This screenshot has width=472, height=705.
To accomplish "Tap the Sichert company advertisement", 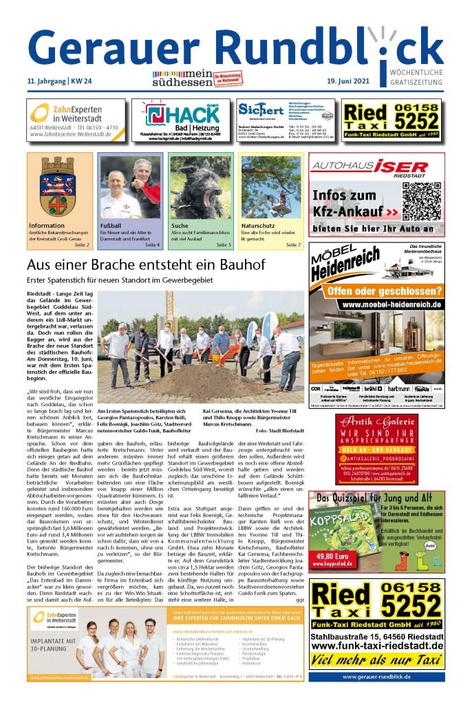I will coord(285,120).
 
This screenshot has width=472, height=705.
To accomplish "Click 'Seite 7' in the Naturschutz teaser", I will coord(293,244).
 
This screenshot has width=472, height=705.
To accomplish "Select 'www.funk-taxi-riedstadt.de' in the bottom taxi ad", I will coord(376,645).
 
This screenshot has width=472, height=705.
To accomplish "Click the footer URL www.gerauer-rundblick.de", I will coord(376,677).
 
